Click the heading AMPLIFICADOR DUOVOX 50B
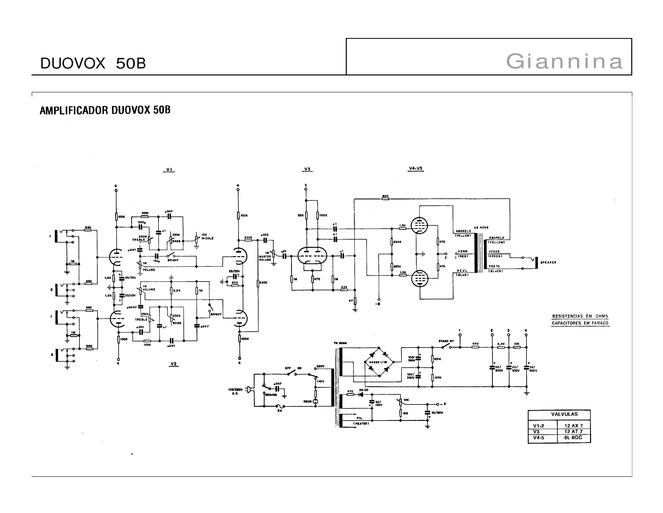pos(105,110)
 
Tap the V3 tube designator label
pos(307,169)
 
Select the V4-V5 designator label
pos(416,168)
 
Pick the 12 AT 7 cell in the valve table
pos(573,431)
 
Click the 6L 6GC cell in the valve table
pos(573,437)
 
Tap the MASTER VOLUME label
pos(265,258)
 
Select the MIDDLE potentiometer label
pos(208,238)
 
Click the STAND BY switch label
pos(446,341)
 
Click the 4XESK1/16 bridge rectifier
pos(378,362)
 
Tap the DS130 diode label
pos(363,390)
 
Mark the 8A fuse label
pos(280,411)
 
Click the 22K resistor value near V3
pos(344,287)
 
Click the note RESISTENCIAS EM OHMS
pos(580,316)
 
